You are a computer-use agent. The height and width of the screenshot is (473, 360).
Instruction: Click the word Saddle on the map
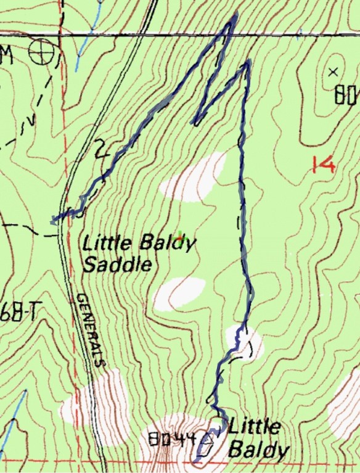[117, 266]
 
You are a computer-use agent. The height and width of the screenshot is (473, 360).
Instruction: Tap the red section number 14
[322, 165]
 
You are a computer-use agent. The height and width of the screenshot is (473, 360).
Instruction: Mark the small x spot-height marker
[334, 72]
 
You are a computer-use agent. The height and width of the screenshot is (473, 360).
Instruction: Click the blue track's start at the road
[54, 220]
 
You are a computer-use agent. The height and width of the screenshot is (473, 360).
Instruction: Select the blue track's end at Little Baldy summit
[195, 460]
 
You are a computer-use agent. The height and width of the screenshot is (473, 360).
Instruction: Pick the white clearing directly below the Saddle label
[179, 293]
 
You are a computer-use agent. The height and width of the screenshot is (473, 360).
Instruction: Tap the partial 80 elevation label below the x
[347, 96]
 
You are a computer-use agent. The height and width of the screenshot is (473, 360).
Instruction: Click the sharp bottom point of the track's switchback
[195, 122]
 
